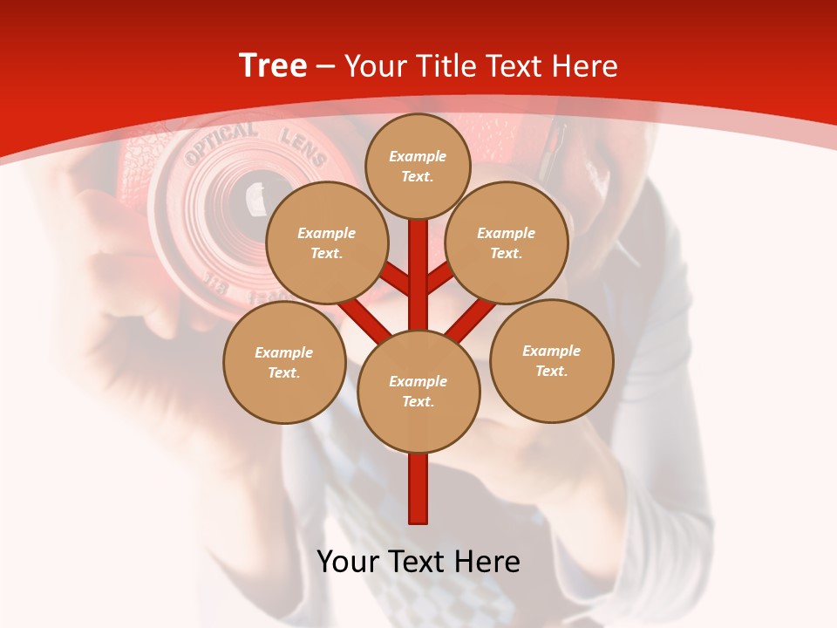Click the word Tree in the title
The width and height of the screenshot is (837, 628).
point(273,65)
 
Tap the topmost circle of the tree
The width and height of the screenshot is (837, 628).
point(418,166)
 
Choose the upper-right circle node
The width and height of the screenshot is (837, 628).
point(507,243)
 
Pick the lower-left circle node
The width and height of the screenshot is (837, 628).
point(284,363)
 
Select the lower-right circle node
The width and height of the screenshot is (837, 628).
point(551,361)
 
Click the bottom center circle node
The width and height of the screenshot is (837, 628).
point(418,392)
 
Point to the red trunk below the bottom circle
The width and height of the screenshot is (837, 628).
point(418,488)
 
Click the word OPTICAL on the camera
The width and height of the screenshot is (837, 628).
point(220,143)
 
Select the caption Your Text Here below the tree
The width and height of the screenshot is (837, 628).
point(418,562)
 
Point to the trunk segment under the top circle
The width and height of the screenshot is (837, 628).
point(418,262)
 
